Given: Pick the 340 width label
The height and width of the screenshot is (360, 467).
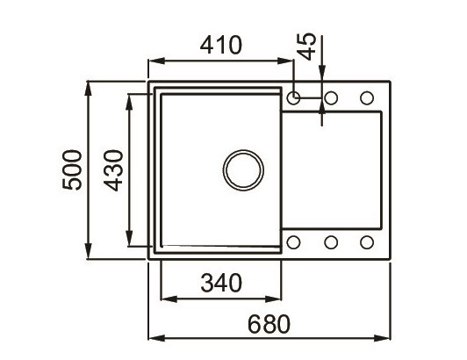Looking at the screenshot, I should tap(219, 283).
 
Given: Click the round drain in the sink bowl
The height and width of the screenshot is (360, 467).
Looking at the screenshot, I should tap(241, 169).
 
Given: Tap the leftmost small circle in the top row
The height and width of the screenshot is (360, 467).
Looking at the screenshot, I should tap(294, 97).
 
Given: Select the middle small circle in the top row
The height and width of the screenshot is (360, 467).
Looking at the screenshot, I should tap(331, 97).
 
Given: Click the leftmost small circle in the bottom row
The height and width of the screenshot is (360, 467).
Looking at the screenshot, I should tap(294, 242).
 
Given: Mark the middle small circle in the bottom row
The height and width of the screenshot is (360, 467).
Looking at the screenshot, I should tap(331, 242).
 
